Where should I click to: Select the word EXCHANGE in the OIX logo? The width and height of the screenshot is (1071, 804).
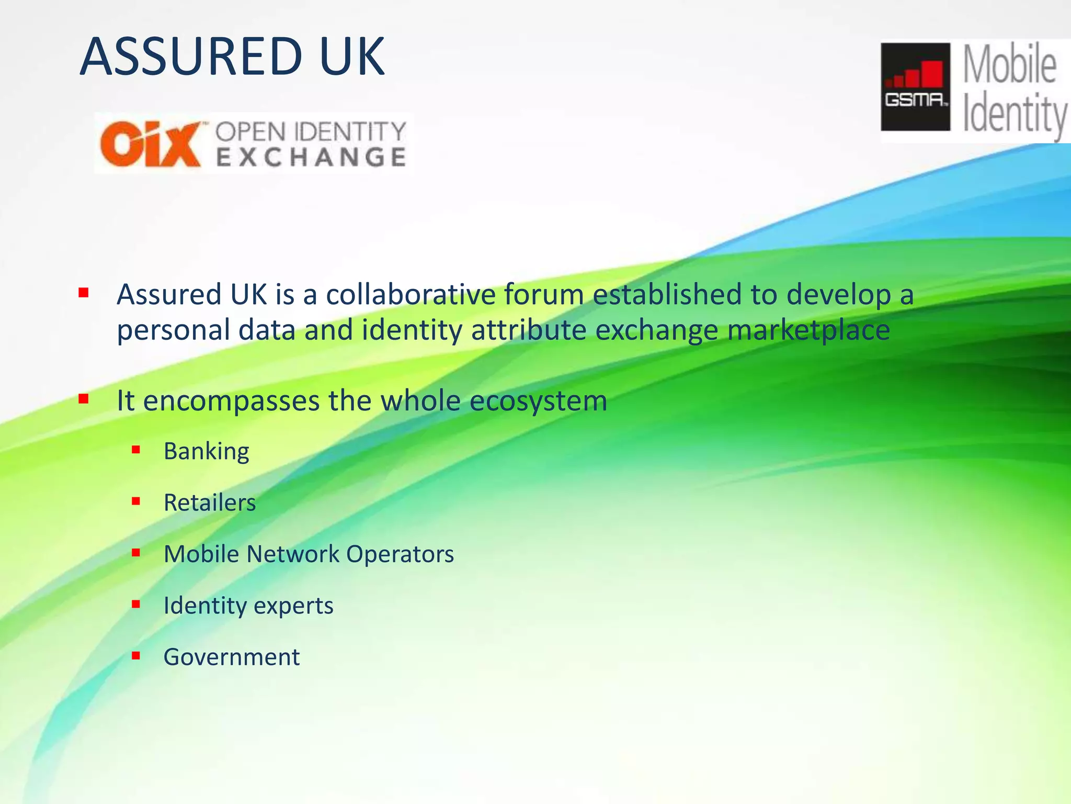(311, 157)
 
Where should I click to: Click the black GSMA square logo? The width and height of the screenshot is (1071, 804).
(915, 87)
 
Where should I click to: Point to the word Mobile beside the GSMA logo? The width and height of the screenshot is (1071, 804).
(1009, 65)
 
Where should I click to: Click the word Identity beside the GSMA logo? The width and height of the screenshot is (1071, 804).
(1015, 114)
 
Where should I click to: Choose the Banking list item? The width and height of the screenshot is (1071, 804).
(207, 451)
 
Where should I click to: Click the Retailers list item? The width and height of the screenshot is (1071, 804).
(210, 502)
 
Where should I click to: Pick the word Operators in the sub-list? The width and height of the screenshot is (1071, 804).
(400, 554)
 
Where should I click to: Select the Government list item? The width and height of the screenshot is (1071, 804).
(232, 657)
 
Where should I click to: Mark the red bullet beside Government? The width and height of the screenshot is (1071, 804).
(136, 655)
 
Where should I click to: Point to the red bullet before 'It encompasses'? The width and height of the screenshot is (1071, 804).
(83, 399)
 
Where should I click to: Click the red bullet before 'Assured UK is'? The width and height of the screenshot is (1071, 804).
(83, 292)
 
